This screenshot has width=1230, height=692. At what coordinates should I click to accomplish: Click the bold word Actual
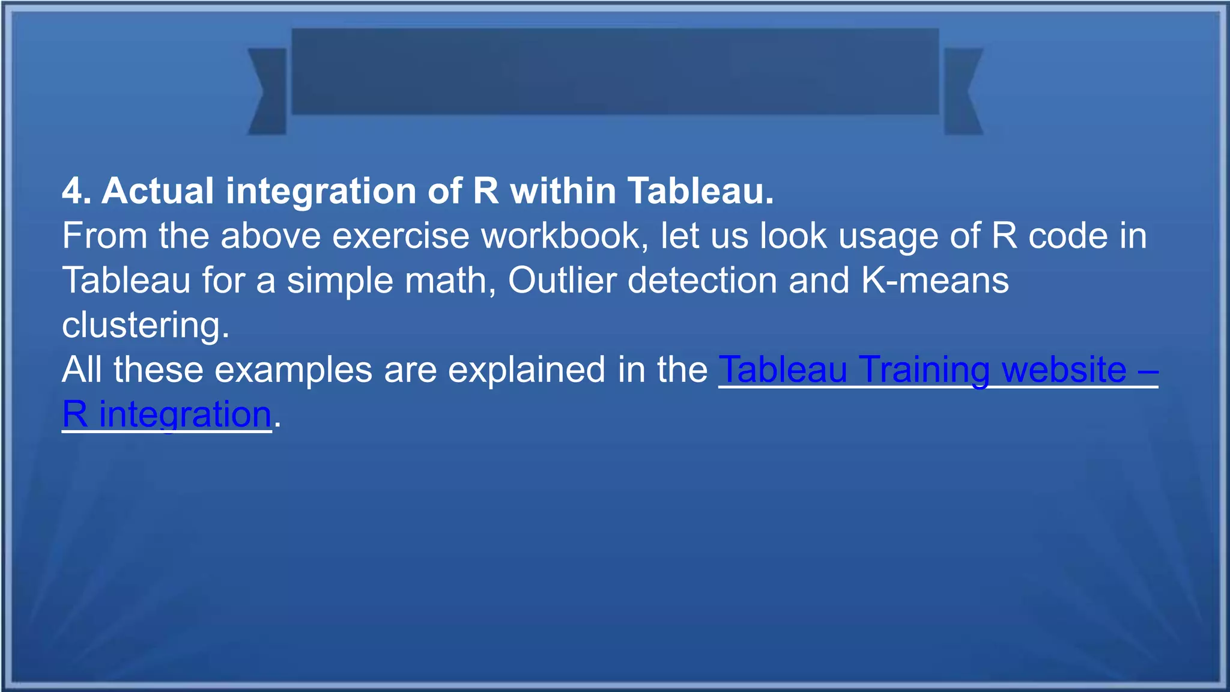pyautogui.click(x=158, y=192)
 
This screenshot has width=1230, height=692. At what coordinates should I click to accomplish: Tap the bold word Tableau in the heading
pyautogui.click(x=700, y=192)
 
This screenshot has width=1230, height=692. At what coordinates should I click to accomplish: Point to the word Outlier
pyautogui.click(x=562, y=281)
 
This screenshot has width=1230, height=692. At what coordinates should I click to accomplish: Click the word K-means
pyautogui.click(x=935, y=281)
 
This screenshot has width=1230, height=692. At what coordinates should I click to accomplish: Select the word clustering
pyautogui.click(x=145, y=325)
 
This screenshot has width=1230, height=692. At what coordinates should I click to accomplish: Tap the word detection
pyautogui.click(x=702, y=281)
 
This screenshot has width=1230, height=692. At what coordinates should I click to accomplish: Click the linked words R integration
pyautogui.click(x=167, y=414)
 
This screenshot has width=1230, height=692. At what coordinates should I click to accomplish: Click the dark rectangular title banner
pyautogui.click(x=615, y=71)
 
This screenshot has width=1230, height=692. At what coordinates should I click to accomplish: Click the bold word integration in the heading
pyautogui.click(x=321, y=192)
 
